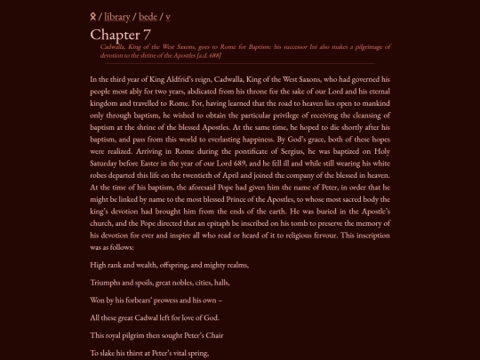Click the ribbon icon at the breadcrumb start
(93, 16)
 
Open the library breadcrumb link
(117, 16)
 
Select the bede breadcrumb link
(148, 16)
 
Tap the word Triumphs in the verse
(108, 283)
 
